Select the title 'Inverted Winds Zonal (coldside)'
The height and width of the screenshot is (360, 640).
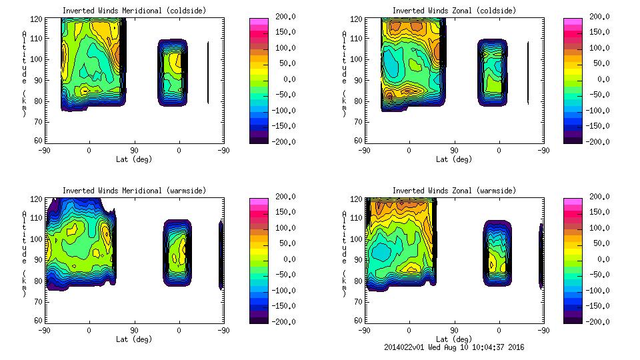(x=454, y=11)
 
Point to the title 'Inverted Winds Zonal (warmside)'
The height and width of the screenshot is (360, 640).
(x=454, y=191)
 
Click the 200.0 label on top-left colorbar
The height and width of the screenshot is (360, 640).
(x=282, y=17)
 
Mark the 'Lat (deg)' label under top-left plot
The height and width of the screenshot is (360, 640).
(x=134, y=159)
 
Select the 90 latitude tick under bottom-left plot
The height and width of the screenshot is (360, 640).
(x=134, y=330)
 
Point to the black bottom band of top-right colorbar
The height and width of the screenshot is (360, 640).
(x=573, y=139)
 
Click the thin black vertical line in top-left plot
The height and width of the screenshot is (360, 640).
(x=208, y=72)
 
